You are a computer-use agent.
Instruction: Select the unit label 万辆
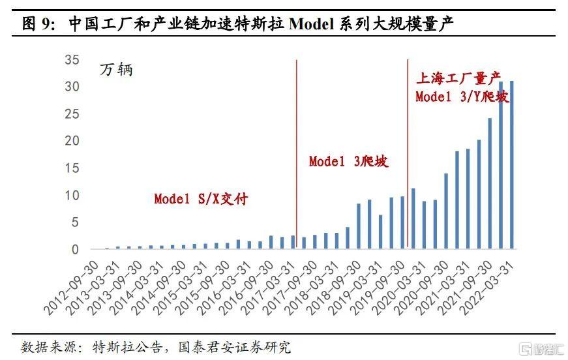click(116, 70)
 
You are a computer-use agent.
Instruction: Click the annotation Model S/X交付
click(201, 199)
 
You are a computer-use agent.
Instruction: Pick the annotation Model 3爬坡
click(349, 161)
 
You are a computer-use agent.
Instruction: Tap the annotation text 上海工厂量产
click(462, 80)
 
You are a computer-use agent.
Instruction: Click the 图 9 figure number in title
click(38, 25)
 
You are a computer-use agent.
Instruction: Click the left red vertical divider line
click(297, 154)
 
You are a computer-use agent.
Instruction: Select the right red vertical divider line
click(408, 154)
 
